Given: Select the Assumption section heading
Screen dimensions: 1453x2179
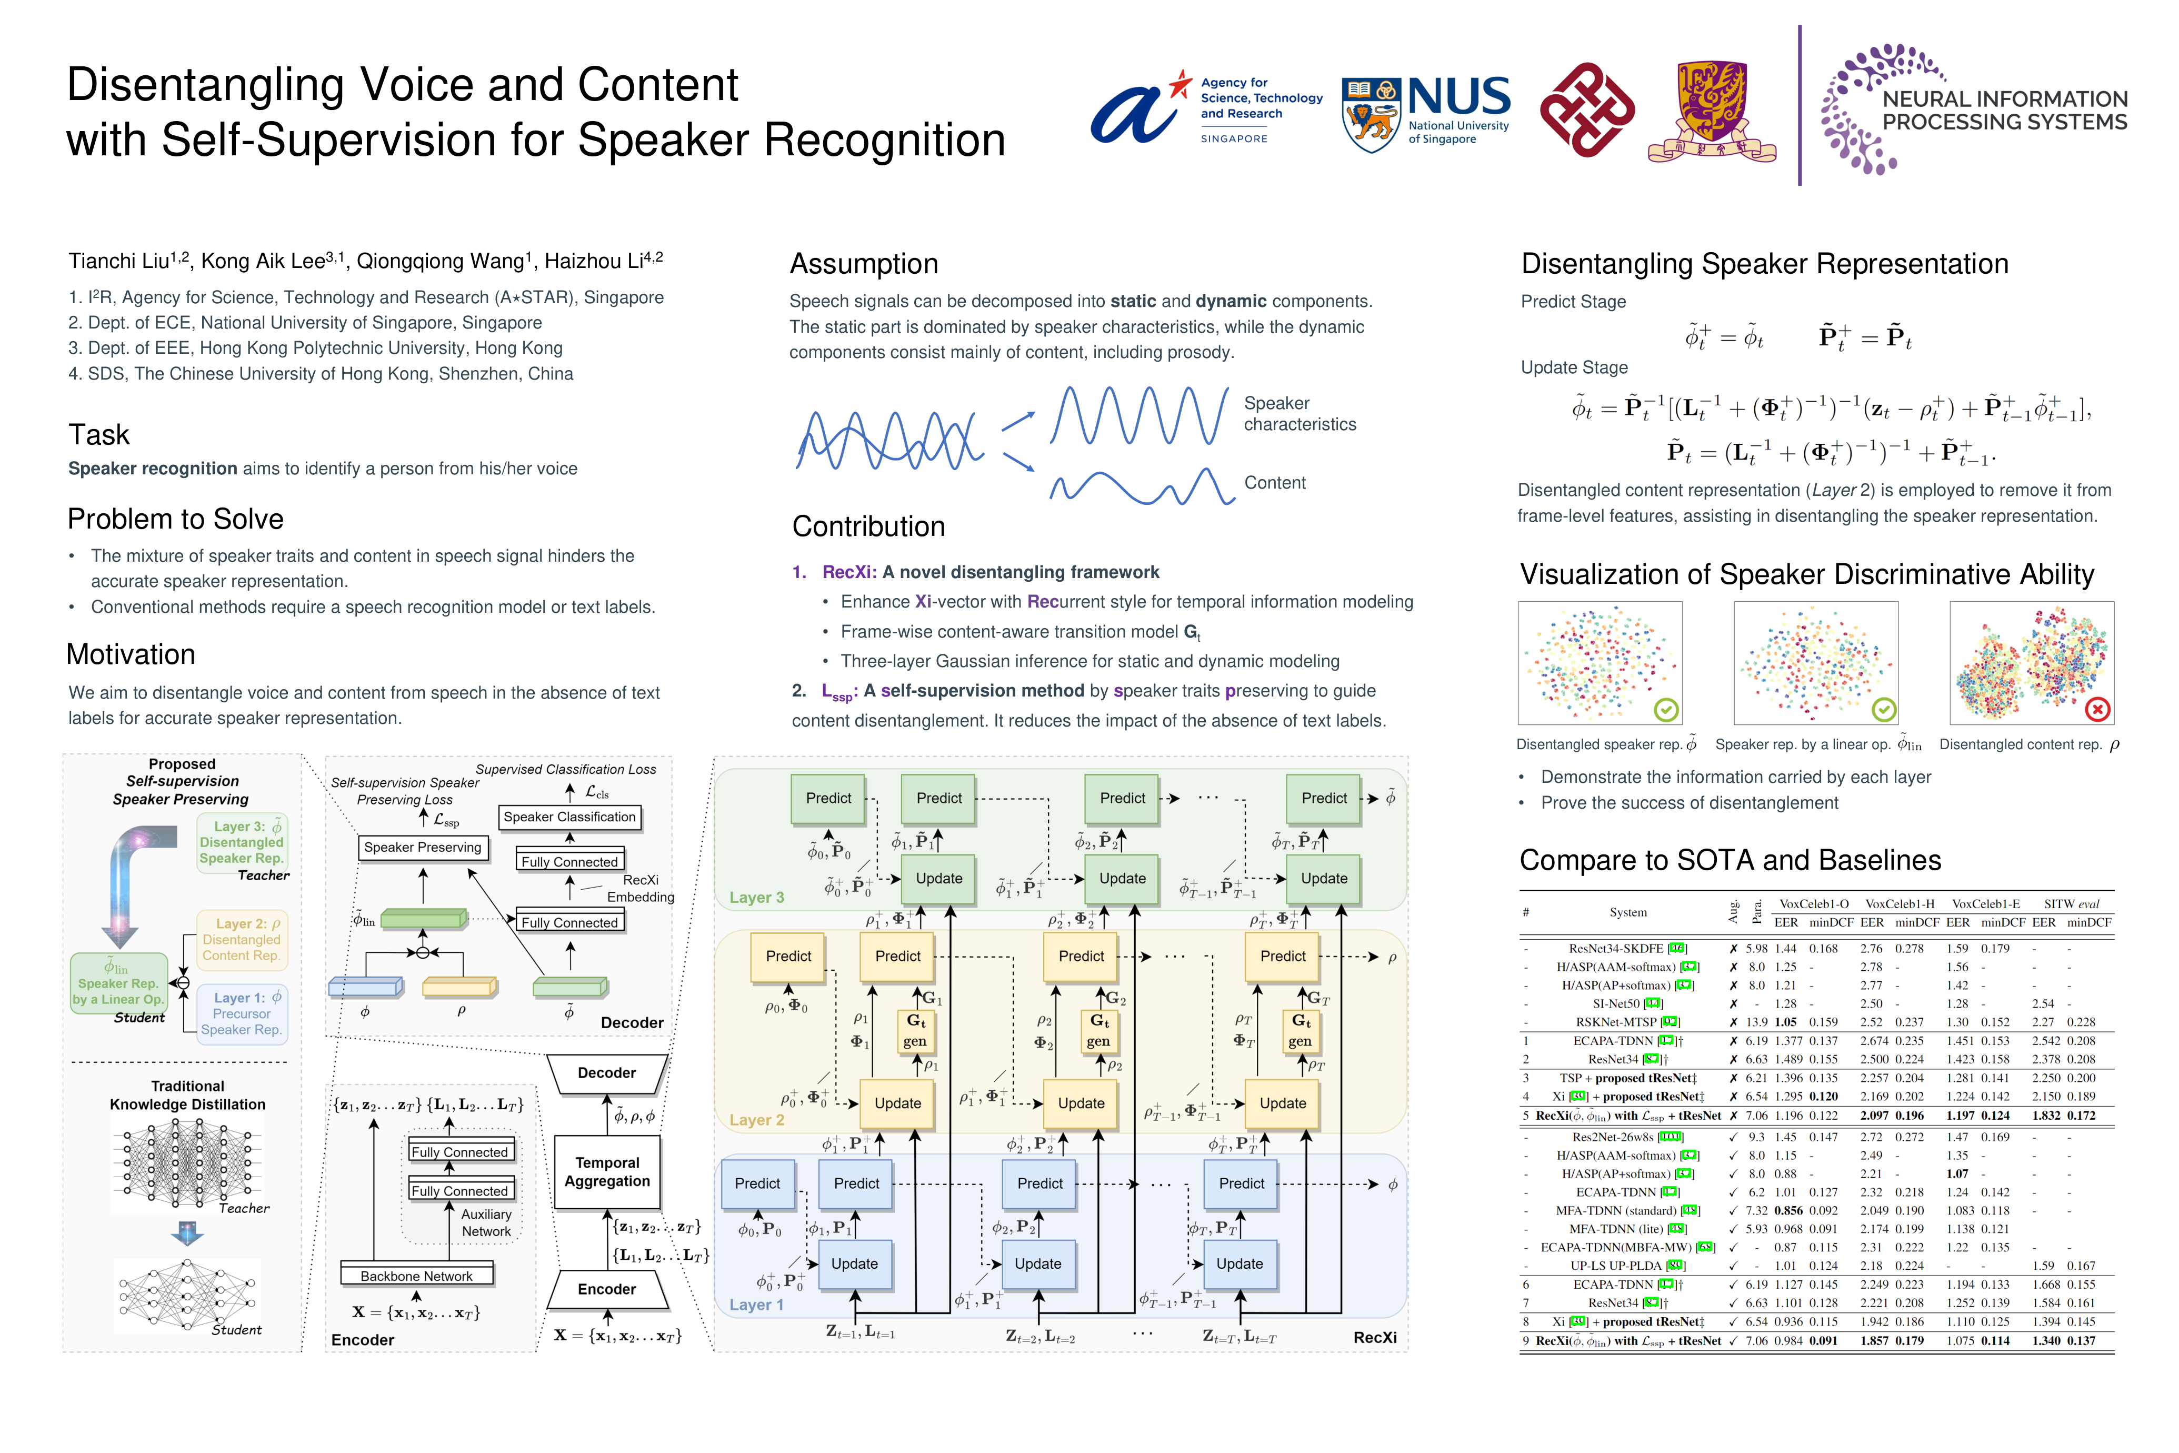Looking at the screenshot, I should [864, 264].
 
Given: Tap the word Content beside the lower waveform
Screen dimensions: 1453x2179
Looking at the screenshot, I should [1275, 483].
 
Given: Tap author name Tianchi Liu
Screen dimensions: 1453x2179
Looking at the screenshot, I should [118, 261].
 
